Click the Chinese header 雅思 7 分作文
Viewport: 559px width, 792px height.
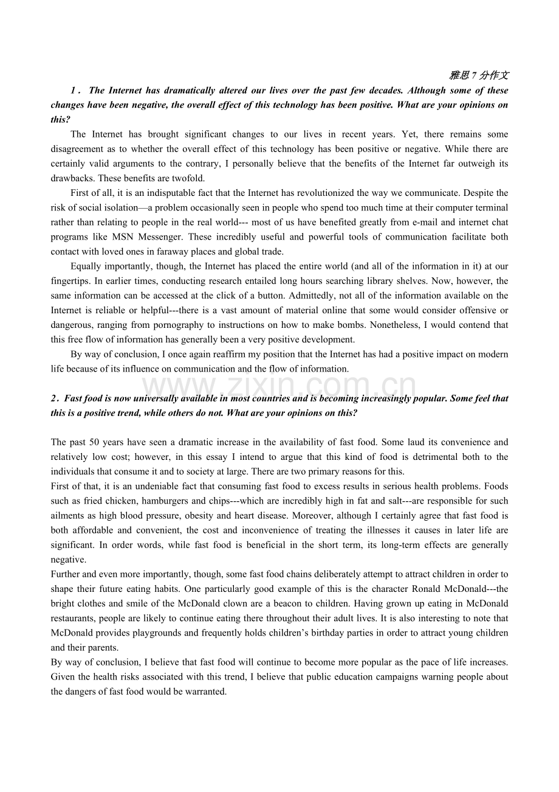click(x=479, y=75)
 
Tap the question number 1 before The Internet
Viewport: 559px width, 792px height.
click(x=74, y=91)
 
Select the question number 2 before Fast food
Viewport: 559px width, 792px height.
click(x=53, y=398)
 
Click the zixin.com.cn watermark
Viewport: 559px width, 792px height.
click(x=279, y=386)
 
